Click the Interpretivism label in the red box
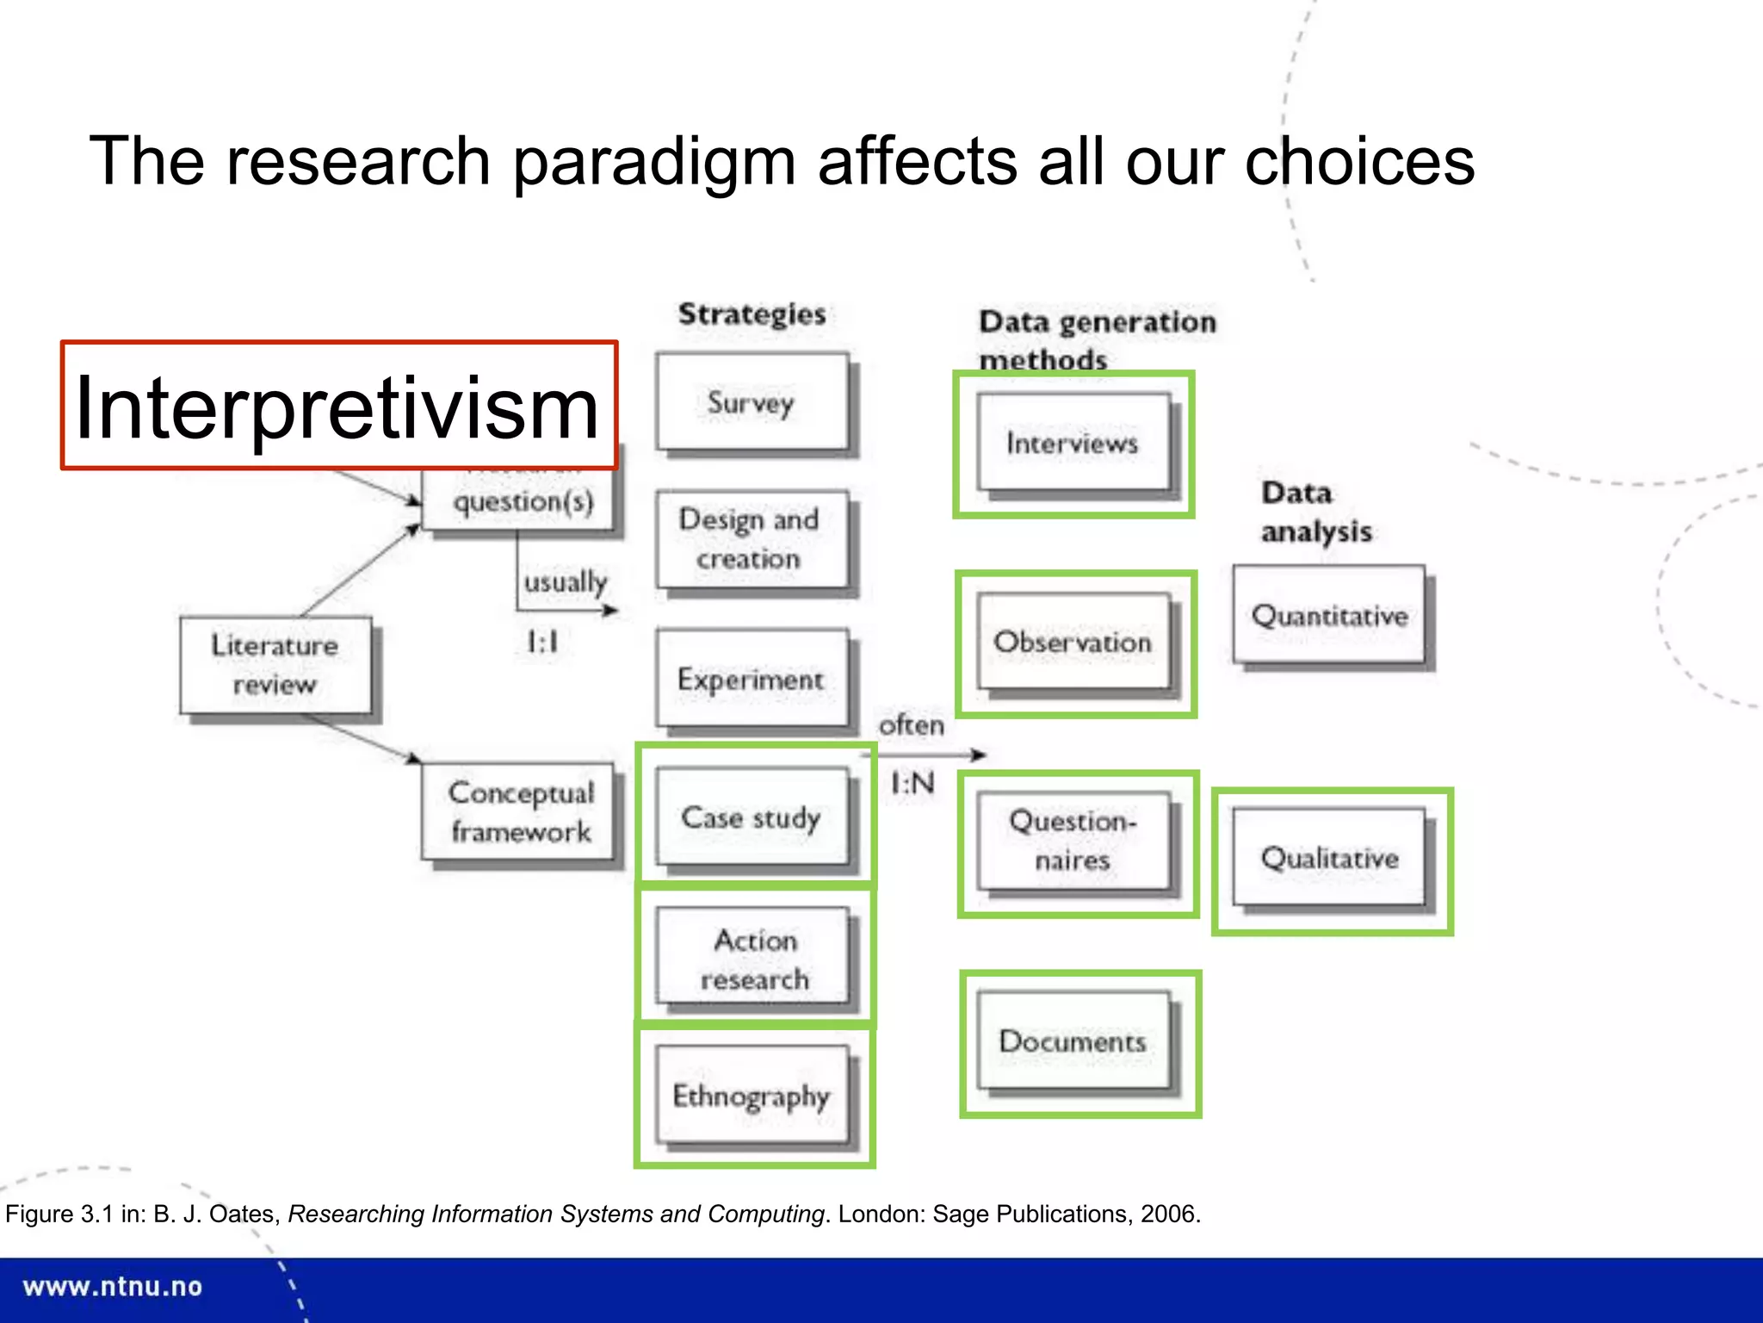tap(338, 407)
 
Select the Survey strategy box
tap(752, 402)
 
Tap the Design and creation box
tap(752, 539)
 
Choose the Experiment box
tap(752, 679)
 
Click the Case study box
tap(752, 817)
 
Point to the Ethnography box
tap(752, 1096)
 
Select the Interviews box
tap(1073, 443)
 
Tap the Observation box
tap(1073, 642)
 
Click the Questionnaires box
tap(1073, 841)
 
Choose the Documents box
tap(1073, 1041)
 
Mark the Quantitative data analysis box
tap(1329, 615)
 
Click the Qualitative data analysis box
tap(1329, 858)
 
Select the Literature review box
tap(275, 665)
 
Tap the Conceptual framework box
tap(520, 812)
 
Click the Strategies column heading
tap(752, 314)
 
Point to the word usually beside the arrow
tap(566, 581)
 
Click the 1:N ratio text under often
tap(912, 783)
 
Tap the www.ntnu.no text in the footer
tap(113, 1287)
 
